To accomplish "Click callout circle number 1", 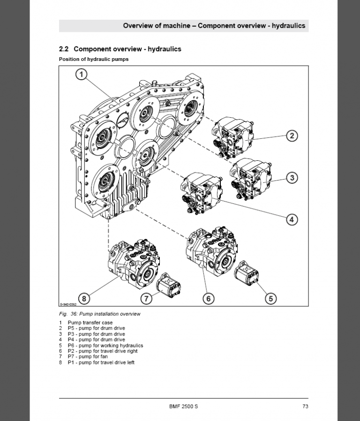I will pyautogui.click(x=82, y=75).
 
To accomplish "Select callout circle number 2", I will pyautogui.click(x=292, y=136).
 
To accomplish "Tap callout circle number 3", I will pyautogui.click(x=292, y=178).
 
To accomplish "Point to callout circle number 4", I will pyautogui.click(x=292, y=218).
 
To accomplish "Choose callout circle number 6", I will pyautogui.click(x=209, y=298).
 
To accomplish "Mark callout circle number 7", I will pyautogui.click(x=147, y=298).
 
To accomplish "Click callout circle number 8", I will pyautogui.click(x=84, y=298).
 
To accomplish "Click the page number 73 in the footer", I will pyautogui.click(x=305, y=406).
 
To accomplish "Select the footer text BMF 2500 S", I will pyautogui.click(x=183, y=406).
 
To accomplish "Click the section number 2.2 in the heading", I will pyautogui.click(x=64, y=49).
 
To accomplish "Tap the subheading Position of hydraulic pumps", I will pyautogui.click(x=93, y=60).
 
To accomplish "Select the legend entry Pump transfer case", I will pyautogui.click(x=90, y=323).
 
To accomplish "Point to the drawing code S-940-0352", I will pyautogui.click(x=68, y=304).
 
